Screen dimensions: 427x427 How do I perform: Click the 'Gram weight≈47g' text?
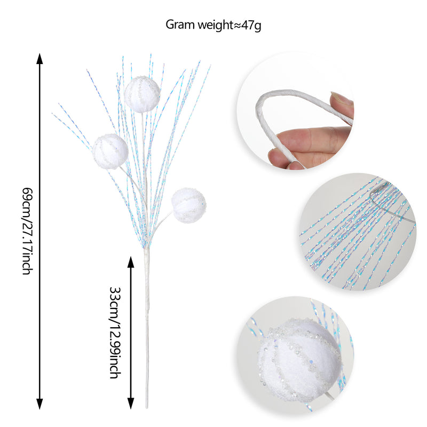click(213, 25)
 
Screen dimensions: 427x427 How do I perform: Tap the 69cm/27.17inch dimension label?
click(28, 231)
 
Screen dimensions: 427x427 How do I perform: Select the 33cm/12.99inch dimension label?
click(115, 333)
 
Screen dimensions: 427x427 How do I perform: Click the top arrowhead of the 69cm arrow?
click(39, 59)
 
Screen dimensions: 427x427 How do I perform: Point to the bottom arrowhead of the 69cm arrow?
click(39, 404)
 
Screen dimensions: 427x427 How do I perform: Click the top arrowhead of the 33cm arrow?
click(131, 262)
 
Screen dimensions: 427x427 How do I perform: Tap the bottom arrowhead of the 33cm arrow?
click(131, 404)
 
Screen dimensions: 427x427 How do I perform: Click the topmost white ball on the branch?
click(142, 94)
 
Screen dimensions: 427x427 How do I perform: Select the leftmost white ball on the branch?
click(110, 152)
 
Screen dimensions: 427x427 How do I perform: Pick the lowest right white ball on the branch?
click(189, 205)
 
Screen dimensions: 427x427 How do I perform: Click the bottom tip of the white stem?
click(147, 408)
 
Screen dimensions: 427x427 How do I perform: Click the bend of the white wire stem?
click(261, 105)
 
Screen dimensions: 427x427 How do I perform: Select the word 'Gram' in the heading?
click(180, 25)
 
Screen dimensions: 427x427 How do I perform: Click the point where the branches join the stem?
click(146, 247)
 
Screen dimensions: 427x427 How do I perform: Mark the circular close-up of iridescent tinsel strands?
click(358, 232)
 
